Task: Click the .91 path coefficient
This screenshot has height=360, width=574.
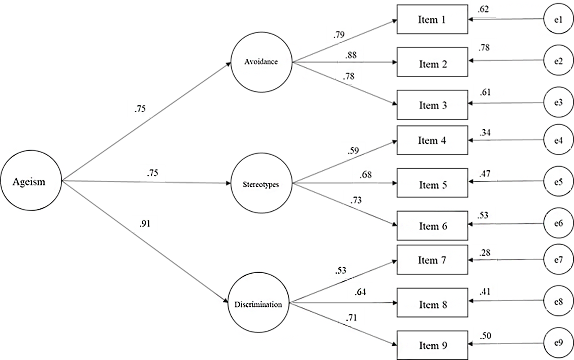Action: [145, 224]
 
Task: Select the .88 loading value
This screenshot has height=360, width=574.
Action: [351, 55]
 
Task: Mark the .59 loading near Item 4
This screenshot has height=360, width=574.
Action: [353, 150]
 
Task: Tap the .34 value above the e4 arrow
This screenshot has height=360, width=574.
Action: [485, 133]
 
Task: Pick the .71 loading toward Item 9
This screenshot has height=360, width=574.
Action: [351, 318]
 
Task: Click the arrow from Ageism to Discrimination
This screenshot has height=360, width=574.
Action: [145, 242]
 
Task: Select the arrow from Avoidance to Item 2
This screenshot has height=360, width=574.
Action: [345, 62]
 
